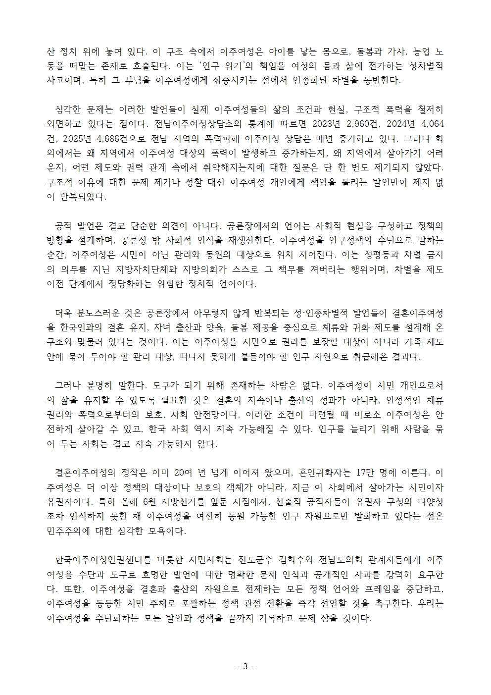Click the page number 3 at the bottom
click(x=245, y=666)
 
